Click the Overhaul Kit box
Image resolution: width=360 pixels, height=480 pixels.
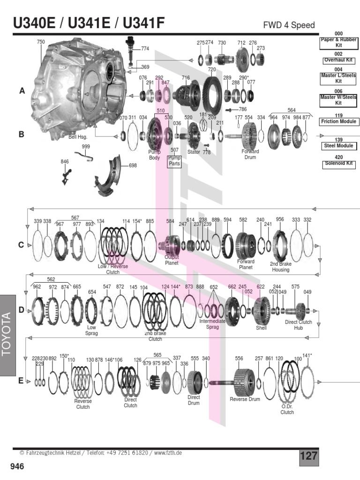point(338,60)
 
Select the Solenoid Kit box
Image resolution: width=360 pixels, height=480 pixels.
point(338,164)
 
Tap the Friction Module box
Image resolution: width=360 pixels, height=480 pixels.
point(338,121)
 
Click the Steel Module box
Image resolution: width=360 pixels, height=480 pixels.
point(338,146)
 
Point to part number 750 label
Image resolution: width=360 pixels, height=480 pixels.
point(41,42)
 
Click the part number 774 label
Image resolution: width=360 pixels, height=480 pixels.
point(145,48)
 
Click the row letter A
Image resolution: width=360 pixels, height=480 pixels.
point(22,91)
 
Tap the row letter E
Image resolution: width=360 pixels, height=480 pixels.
point(21,381)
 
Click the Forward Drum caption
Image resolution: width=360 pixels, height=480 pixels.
point(250,154)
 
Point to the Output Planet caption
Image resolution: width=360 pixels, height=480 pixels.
point(172,260)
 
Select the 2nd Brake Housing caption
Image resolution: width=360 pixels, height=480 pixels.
point(280,267)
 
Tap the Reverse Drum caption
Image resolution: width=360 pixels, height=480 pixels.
point(245,399)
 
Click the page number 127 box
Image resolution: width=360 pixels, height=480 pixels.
point(308,456)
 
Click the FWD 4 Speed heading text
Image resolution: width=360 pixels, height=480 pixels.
point(289,25)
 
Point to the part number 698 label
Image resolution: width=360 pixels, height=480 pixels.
point(133,166)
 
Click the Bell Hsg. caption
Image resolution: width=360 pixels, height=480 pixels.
point(78,137)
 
